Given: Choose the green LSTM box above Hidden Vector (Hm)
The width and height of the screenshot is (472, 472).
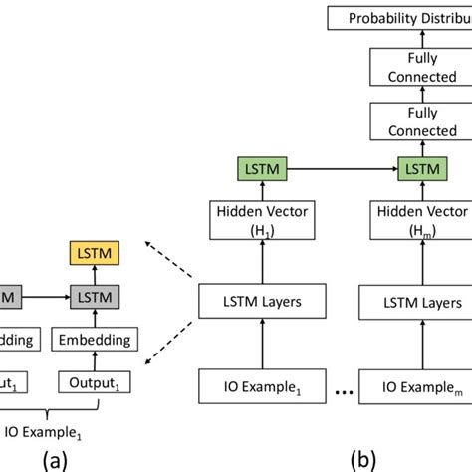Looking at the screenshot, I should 418,171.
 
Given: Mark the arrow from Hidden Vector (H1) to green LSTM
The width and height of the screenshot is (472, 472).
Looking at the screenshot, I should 254,193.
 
